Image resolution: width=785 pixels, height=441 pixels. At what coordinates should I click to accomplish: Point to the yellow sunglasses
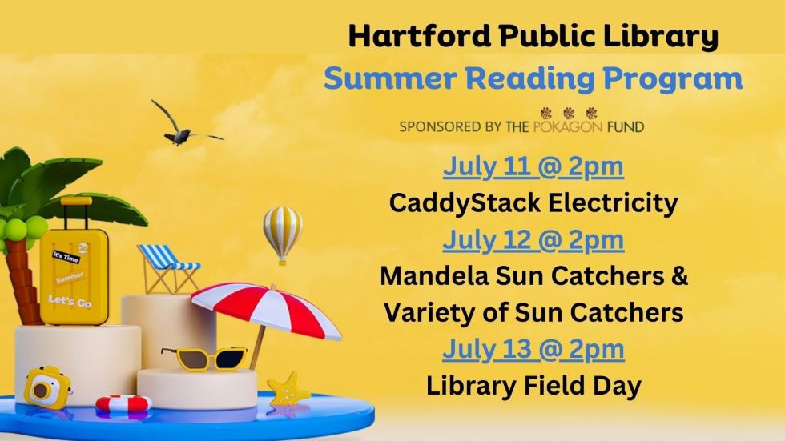pyautogui.click(x=205, y=359)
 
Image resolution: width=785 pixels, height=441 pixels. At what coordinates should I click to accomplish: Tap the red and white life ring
pyautogui.click(x=123, y=403)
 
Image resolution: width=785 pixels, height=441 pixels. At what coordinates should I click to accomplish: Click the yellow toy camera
pyautogui.click(x=47, y=387)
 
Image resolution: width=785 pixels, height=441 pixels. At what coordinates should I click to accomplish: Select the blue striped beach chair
pyautogui.click(x=167, y=267)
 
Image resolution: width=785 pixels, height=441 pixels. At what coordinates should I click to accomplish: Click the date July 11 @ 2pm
pyautogui.click(x=533, y=167)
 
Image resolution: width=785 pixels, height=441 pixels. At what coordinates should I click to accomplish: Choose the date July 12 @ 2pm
pyautogui.click(x=533, y=240)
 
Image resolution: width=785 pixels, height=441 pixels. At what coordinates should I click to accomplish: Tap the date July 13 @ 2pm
pyautogui.click(x=533, y=349)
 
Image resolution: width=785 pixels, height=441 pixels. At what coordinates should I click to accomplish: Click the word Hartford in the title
pyautogui.click(x=420, y=36)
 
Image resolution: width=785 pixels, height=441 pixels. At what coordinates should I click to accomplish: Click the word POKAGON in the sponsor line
pyautogui.click(x=568, y=126)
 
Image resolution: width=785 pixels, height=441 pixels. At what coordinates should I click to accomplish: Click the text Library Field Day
pyautogui.click(x=533, y=386)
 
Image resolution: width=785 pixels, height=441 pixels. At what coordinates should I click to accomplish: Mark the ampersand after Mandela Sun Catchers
pyautogui.click(x=680, y=276)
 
